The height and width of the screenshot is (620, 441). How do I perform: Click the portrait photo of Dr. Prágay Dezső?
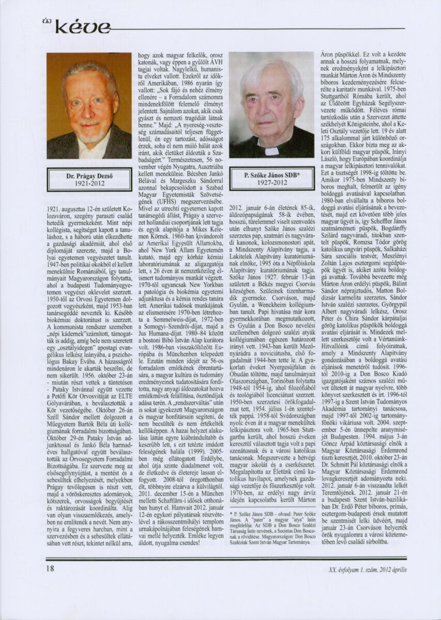[x=89, y=105]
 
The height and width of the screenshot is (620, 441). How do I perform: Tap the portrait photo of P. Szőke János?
[x=271, y=105]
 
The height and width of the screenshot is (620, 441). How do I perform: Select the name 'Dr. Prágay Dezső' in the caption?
[x=89, y=176]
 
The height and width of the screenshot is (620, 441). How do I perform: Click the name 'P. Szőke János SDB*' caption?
[x=271, y=176]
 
